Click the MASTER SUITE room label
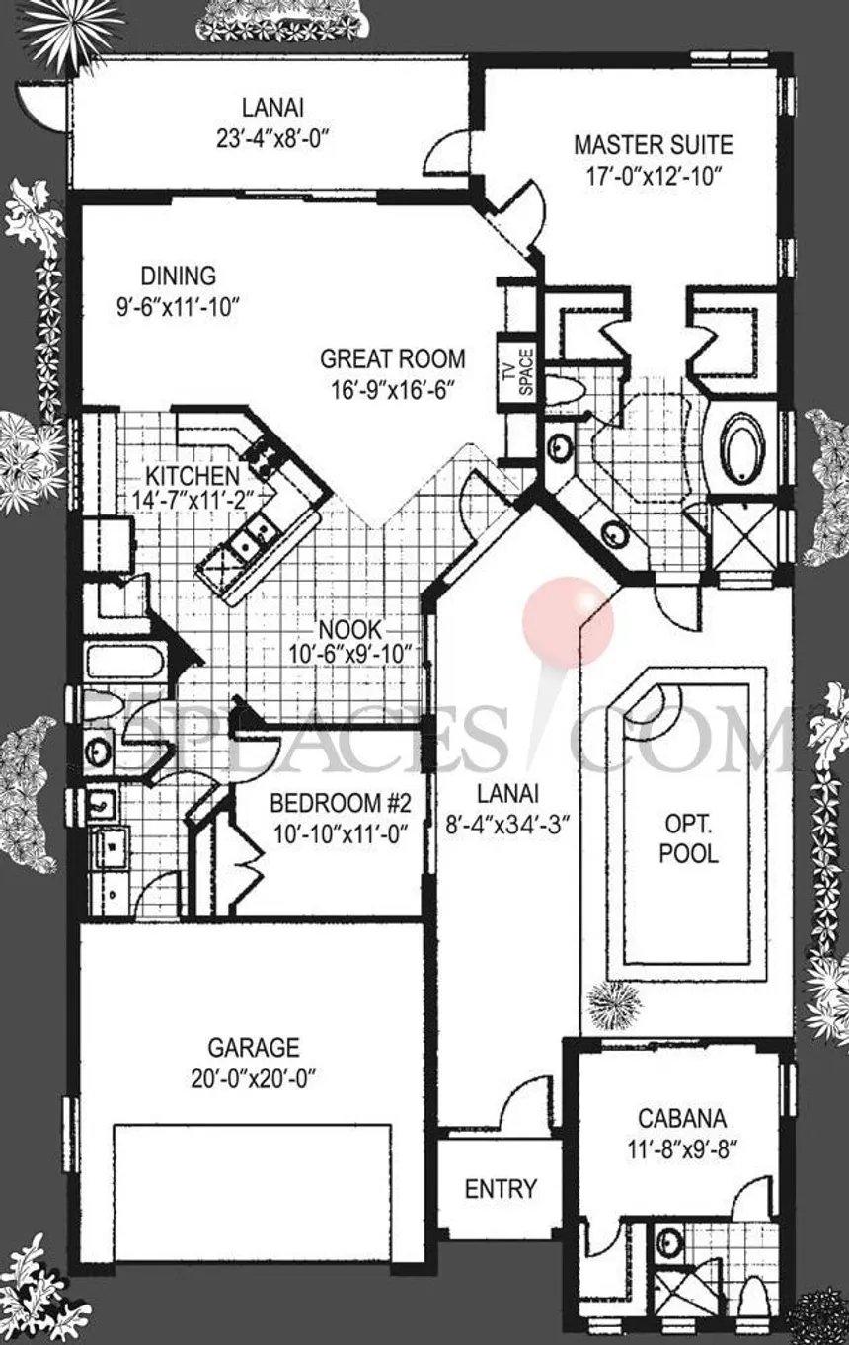[654, 145]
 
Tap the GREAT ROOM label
[392, 359]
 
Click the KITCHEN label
[193, 476]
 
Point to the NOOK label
[350, 630]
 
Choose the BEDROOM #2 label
[340, 803]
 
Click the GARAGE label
[254, 1047]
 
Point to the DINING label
[179, 276]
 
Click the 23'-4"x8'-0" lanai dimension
[273, 140]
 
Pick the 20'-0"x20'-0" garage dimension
[254, 1080]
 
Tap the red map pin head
[569, 621]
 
